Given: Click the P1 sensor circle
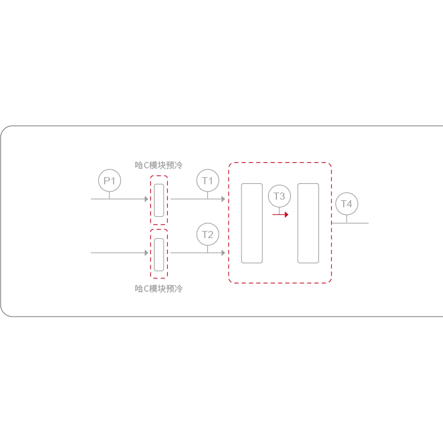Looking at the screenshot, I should [109, 181].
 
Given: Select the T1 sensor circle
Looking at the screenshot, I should [207, 181].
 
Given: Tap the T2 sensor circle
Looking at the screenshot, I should [207, 234].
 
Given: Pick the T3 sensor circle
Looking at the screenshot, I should [279, 196].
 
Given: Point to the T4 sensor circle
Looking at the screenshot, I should [347, 204].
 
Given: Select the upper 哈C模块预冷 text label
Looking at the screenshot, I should [159, 165].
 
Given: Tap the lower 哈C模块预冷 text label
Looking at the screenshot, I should [159, 289].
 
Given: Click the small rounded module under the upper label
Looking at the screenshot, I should [159, 200].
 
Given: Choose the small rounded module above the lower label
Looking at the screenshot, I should [159, 253].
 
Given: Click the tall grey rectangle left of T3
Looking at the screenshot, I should [252, 223].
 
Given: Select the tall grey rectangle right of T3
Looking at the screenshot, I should [308, 223].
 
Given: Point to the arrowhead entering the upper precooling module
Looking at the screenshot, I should [146, 199].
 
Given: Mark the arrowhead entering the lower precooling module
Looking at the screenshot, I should [146, 253].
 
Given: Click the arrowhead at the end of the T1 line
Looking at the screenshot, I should [223, 199].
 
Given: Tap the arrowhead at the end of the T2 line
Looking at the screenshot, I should [223, 253].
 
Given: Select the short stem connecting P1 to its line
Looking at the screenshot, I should [109, 196].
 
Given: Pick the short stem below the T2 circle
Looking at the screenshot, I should [207, 249].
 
